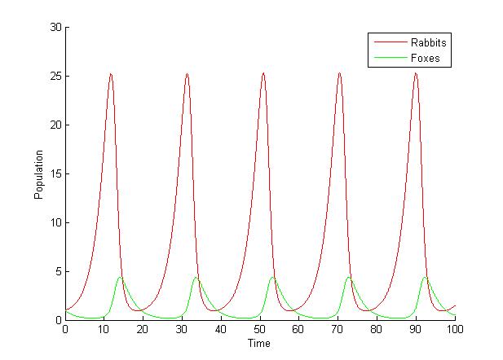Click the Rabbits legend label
pyautogui.click(x=430, y=42)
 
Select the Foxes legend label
pyautogui.click(x=426, y=58)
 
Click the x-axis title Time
pyautogui.click(x=259, y=344)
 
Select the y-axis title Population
pyautogui.click(x=38, y=173)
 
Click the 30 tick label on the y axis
pyautogui.click(x=55, y=27)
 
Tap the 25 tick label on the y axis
pyautogui.click(x=55, y=76)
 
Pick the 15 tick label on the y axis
pyautogui.click(x=55, y=173)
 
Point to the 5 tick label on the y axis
pyautogui.click(x=58, y=271)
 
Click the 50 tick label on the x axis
pyautogui.click(x=260, y=330)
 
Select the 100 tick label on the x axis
pyautogui.click(x=455, y=330)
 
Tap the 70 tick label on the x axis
pyautogui.click(x=338, y=330)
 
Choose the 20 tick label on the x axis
pyautogui.click(x=143, y=330)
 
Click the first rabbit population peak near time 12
pyautogui.click(x=111, y=74)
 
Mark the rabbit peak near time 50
pyautogui.click(x=263, y=74)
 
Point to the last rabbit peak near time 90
pyautogui.click(x=416, y=74)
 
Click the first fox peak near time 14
pyautogui.click(x=120, y=278)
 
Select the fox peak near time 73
pyautogui.click(x=349, y=278)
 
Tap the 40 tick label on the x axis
pyautogui.click(x=221, y=330)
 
